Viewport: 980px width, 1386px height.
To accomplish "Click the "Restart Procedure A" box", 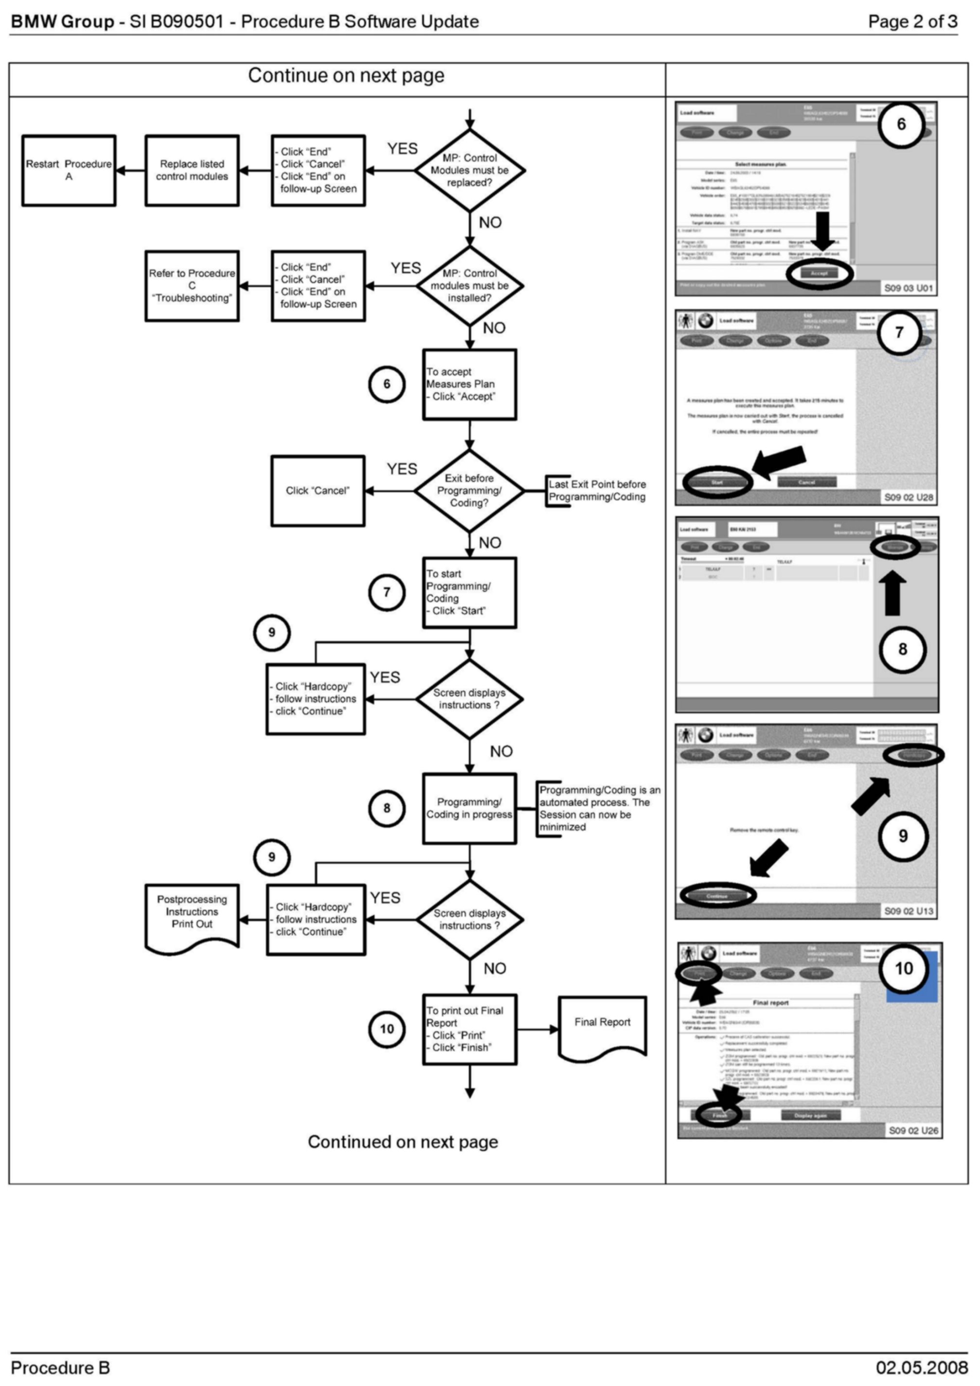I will [x=69, y=170].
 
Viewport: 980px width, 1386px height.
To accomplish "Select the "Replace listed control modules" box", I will [x=192, y=170].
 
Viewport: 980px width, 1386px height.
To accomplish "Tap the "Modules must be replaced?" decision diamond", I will [x=470, y=170].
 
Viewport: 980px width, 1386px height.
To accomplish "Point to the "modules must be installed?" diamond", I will [x=470, y=285].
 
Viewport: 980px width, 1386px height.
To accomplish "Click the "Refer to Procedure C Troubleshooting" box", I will [x=192, y=285].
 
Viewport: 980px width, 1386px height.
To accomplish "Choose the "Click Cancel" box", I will [x=318, y=491].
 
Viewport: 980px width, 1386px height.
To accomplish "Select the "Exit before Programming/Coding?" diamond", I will [x=470, y=491].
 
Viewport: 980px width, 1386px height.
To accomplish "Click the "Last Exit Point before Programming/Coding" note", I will [x=597, y=491].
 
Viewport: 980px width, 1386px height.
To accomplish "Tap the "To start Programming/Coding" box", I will [x=470, y=592].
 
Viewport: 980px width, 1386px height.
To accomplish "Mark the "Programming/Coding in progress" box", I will [x=470, y=808].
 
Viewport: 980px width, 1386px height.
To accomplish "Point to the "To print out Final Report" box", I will [x=470, y=1029].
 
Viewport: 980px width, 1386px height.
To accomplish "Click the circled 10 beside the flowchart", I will [x=387, y=1029].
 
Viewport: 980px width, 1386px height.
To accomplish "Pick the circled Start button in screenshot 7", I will [x=717, y=482].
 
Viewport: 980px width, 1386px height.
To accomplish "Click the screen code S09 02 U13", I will [x=909, y=911].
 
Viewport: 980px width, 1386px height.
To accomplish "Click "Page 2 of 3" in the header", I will [x=912, y=22].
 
